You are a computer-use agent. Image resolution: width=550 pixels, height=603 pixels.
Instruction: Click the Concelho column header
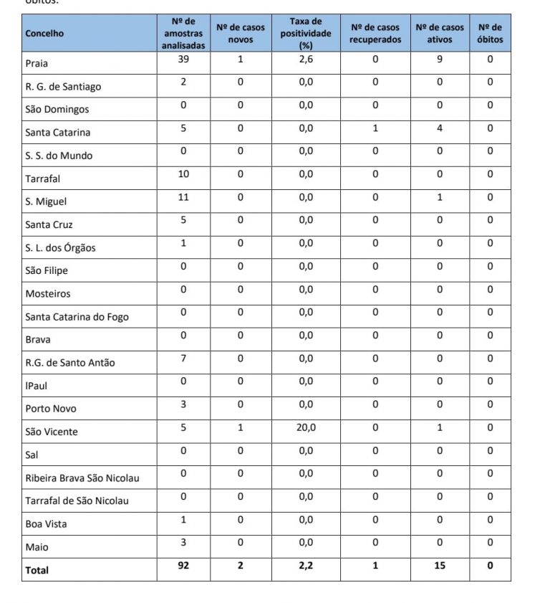pyautogui.click(x=44, y=33)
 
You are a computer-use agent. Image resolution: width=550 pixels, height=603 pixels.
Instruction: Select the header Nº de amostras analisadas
pyautogui.click(x=183, y=33)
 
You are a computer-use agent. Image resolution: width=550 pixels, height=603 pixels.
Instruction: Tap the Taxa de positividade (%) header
pyautogui.click(x=306, y=33)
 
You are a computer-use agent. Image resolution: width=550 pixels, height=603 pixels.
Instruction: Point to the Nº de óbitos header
pyautogui.click(x=490, y=33)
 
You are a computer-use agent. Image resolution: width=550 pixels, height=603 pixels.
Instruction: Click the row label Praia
pyautogui.click(x=37, y=63)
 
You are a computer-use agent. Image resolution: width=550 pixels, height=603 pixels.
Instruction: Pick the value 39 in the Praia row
pyautogui.click(x=183, y=60)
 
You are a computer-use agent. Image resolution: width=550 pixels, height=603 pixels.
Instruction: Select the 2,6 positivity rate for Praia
pyautogui.click(x=306, y=60)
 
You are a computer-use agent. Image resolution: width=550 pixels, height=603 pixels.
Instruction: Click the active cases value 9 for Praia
pyautogui.click(x=440, y=60)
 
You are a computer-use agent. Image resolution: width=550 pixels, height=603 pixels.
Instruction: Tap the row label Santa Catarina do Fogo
pyautogui.click(x=77, y=316)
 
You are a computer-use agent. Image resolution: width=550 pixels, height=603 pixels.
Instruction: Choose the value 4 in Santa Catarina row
pyautogui.click(x=440, y=128)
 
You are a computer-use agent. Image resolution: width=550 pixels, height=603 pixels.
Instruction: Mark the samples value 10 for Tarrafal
pyautogui.click(x=183, y=174)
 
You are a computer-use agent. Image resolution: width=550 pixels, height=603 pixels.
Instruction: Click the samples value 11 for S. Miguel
pyautogui.click(x=183, y=197)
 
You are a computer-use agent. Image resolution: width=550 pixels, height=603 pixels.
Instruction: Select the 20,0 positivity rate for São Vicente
pyautogui.click(x=306, y=427)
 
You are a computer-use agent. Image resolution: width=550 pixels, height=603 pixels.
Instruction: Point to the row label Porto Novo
pyautogui.click(x=50, y=409)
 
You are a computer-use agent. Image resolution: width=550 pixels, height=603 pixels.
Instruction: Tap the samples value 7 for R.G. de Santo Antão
pyautogui.click(x=183, y=359)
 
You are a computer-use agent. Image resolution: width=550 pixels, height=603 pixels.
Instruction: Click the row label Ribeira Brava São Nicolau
pyautogui.click(x=82, y=478)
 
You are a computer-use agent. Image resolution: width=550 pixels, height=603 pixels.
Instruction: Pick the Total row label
pyautogui.click(x=37, y=570)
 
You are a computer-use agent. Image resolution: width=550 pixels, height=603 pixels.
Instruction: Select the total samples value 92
pyautogui.click(x=183, y=566)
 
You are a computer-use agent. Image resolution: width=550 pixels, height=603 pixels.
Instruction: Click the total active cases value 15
pyautogui.click(x=440, y=566)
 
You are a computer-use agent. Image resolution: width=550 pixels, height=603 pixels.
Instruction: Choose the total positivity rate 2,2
pyautogui.click(x=306, y=566)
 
